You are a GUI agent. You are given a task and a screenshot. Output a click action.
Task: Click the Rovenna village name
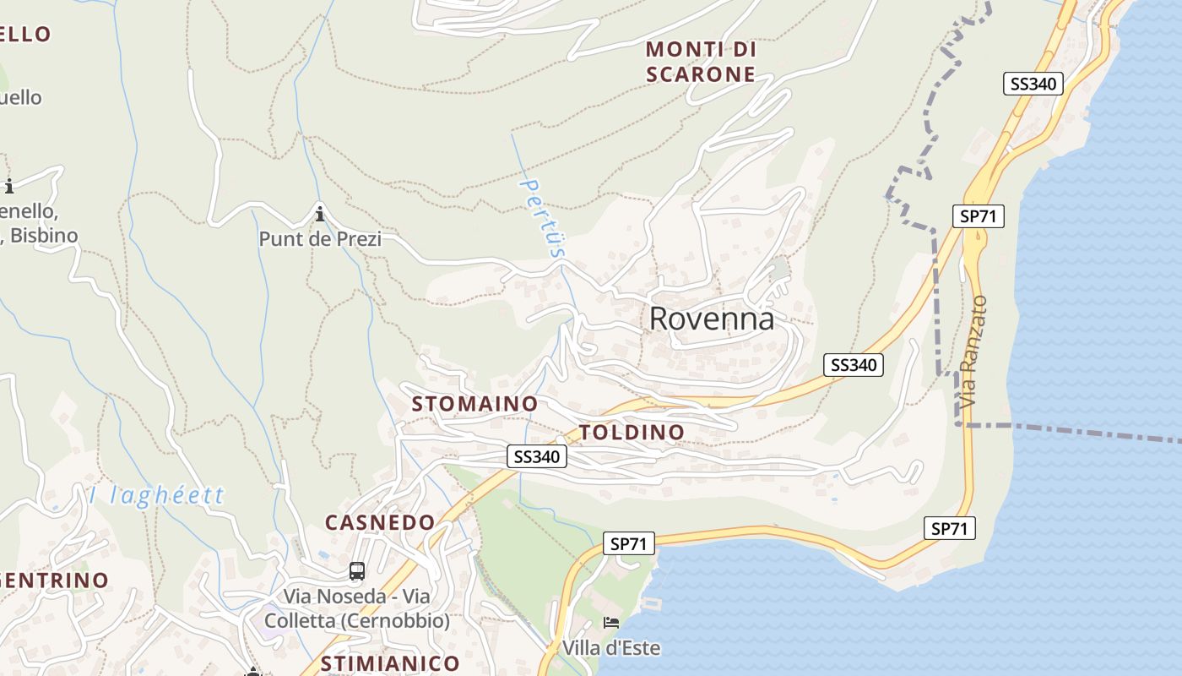pos(712,319)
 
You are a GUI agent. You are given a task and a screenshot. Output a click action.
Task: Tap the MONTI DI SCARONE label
pos(701,62)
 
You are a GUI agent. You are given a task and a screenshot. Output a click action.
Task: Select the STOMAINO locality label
pos(474,404)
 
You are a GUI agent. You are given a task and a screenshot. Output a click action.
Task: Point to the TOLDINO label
pos(632,433)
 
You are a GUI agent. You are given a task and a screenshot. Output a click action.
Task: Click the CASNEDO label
pos(380,522)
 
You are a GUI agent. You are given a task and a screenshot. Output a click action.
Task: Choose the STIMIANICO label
pos(390,663)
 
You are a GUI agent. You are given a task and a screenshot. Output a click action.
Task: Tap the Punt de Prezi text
pos(320,239)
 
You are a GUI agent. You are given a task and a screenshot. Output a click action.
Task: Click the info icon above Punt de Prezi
pos(320,214)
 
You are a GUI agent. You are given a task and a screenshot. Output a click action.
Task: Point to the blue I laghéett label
pos(157,495)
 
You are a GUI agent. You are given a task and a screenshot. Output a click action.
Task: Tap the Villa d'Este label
pos(610,648)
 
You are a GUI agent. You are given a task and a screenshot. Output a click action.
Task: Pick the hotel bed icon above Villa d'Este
pos(611,623)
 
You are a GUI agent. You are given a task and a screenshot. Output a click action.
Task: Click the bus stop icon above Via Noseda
pos(357,571)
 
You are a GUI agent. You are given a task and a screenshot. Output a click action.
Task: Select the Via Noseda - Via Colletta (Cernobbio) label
pos(357,608)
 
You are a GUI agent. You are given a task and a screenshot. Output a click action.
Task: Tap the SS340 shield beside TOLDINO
pos(537,457)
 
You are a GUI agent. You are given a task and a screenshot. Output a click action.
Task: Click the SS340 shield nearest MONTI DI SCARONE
pos(1033,84)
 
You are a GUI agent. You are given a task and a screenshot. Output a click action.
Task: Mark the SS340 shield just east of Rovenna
pos(853,365)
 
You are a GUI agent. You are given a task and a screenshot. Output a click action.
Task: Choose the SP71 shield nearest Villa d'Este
pos(629,544)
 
